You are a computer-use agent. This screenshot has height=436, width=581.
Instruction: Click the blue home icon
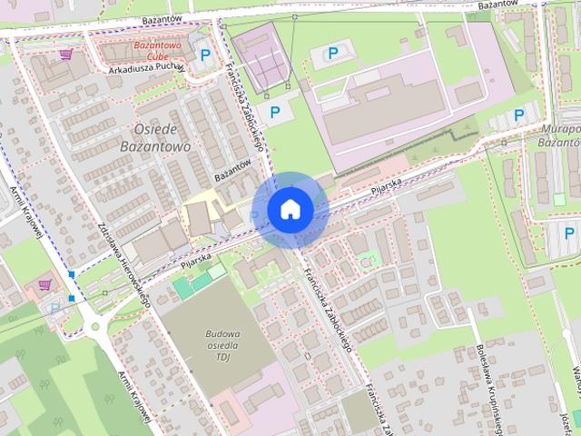(290, 209)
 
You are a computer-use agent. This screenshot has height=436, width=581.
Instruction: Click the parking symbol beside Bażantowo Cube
(205, 55)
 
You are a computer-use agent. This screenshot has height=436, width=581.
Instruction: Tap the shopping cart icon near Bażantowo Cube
(65, 54)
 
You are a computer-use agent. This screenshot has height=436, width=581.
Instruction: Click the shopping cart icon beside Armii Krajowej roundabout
(44, 284)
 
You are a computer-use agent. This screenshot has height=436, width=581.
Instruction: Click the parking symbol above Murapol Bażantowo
(519, 114)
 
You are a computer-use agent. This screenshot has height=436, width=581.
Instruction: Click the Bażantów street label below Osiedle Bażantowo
(232, 165)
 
